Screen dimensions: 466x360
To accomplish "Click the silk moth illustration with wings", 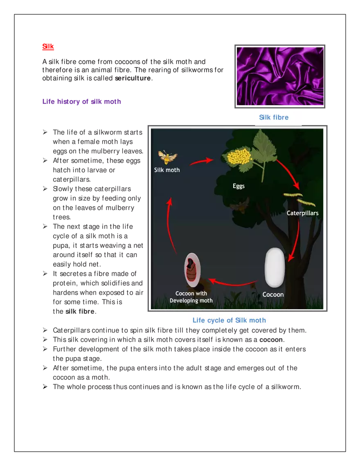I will pyautogui.click(x=168, y=157).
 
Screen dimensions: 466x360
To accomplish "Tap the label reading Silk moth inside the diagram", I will pyautogui.click(x=167, y=170).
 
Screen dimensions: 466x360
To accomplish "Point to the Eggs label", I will pyautogui.click(x=239, y=186).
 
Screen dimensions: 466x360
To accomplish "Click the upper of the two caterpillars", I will pyautogui.click(x=293, y=195).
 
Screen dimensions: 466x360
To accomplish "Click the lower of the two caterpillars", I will pyautogui.click(x=306, y=203).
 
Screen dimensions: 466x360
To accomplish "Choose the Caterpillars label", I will pyautogui.click(x=302, y=213).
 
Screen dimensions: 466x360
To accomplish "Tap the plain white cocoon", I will pyautogui.click(x=274, y=268).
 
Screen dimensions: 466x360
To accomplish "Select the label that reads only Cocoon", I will pyautogui.click(x=273, y=295).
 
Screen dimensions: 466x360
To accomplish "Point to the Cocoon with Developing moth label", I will pyautogui.click(x=191, y=297).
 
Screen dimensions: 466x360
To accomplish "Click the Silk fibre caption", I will pyautogui.click(x=274, y=117).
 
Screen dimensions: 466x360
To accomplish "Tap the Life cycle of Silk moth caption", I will pyautogui.click(x=229, y=320).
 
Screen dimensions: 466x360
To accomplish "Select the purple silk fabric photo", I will pyautogui.click(x=280, y=76).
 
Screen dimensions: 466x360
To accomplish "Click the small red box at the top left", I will pyautogui.click(x=47, y=47).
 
